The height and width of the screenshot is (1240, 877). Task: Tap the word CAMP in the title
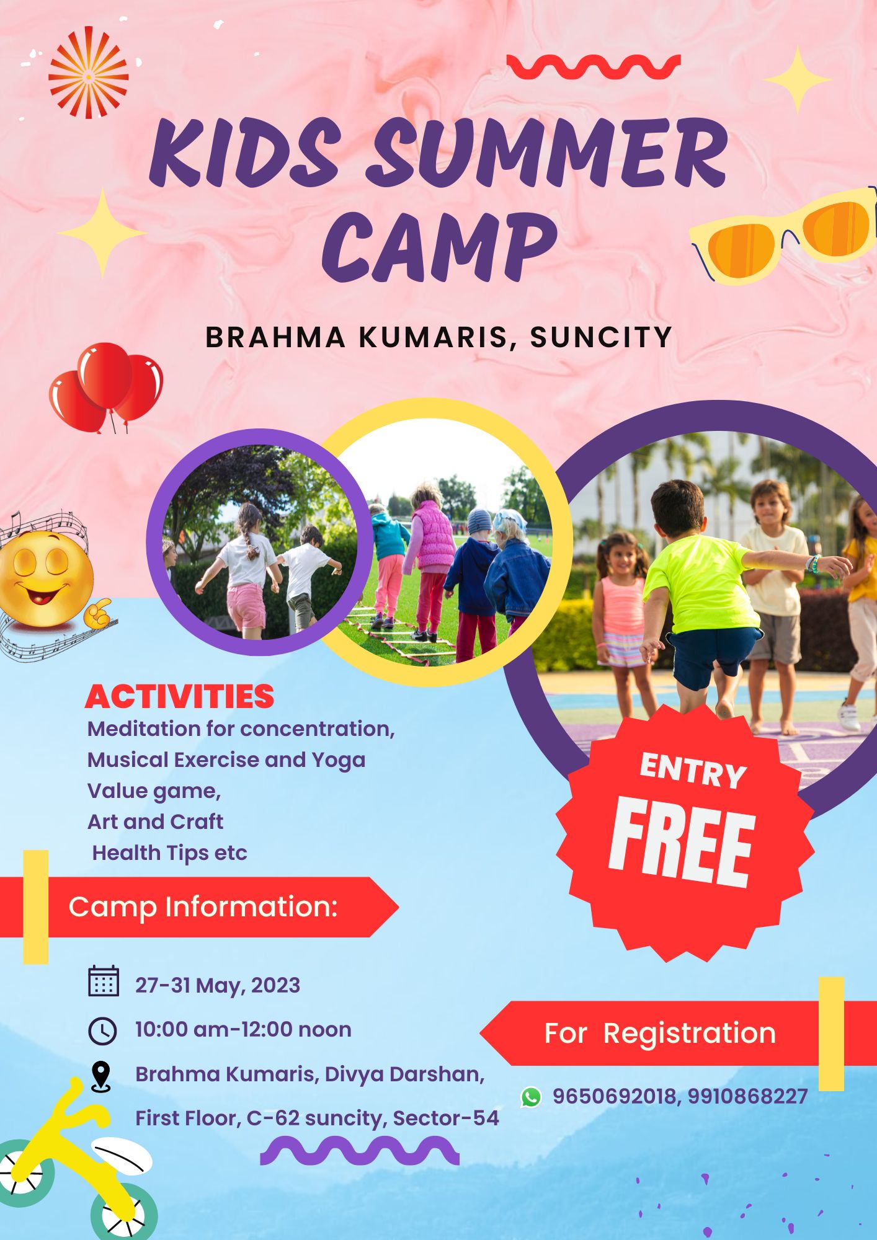coord(439,247)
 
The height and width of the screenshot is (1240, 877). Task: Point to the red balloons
coord(106,387)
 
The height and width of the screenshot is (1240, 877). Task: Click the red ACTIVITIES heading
coord(180,697)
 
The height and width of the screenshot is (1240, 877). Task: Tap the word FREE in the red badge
coord(682,842)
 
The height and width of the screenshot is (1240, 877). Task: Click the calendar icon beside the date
coord(104,981)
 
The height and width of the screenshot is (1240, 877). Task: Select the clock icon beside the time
coord(102,1031)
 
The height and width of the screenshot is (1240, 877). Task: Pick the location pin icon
coord(100,1076)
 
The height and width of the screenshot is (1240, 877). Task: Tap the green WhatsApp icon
coord(531,1097)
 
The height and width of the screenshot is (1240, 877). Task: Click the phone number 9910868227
coord(747,1096)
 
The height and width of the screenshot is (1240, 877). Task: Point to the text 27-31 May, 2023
coord(218,985)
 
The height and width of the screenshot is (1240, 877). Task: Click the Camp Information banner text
coord(203,906)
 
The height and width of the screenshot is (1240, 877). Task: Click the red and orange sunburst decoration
coord(89,73)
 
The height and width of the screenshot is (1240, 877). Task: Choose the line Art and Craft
coord(155,821)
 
